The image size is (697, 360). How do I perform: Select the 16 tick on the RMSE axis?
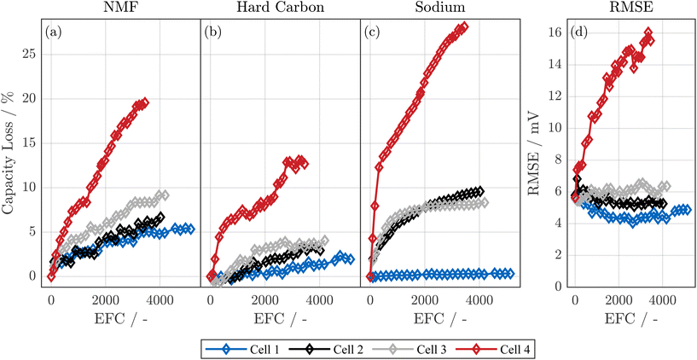pyautogui.click(x=555, y=32)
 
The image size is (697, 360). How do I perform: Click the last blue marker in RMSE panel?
pyautogui.click(x=685, y=209)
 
